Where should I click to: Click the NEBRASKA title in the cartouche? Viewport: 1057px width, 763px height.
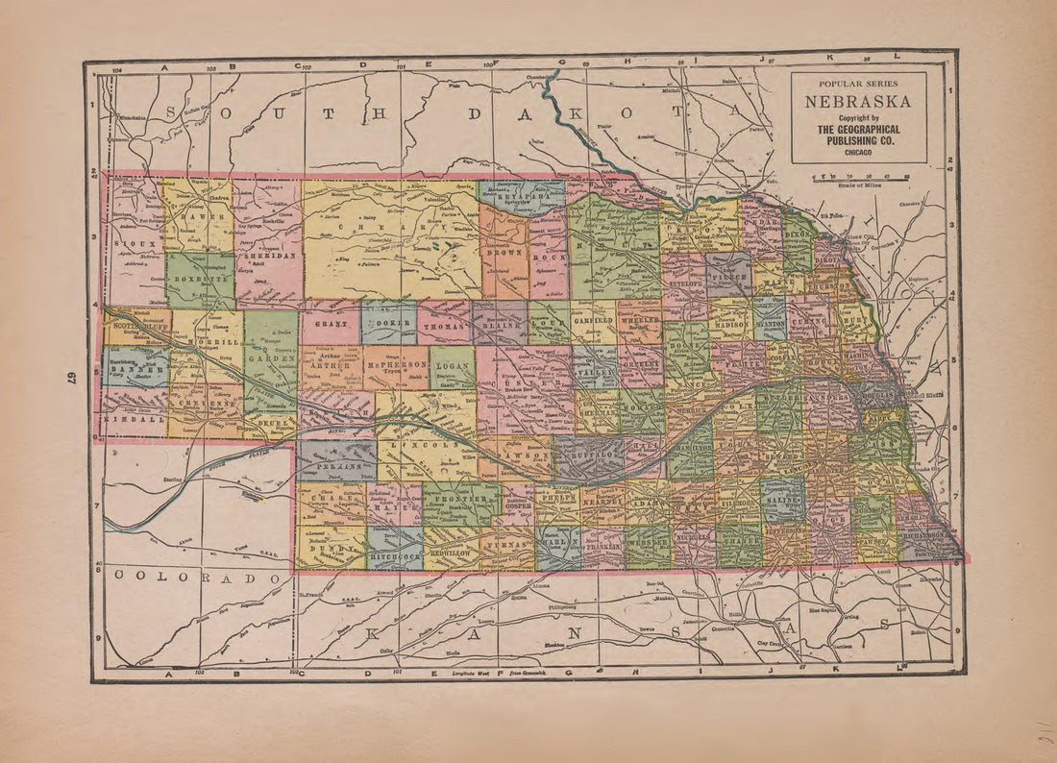[x=859, y=101]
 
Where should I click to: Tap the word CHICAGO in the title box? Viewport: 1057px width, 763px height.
[x=859, y=152]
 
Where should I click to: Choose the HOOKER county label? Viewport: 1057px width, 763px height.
[x=390, y=324]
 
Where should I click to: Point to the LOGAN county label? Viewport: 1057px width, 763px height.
[x=451, y=366]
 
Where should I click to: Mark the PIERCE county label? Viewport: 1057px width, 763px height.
[x=729, y=273]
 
